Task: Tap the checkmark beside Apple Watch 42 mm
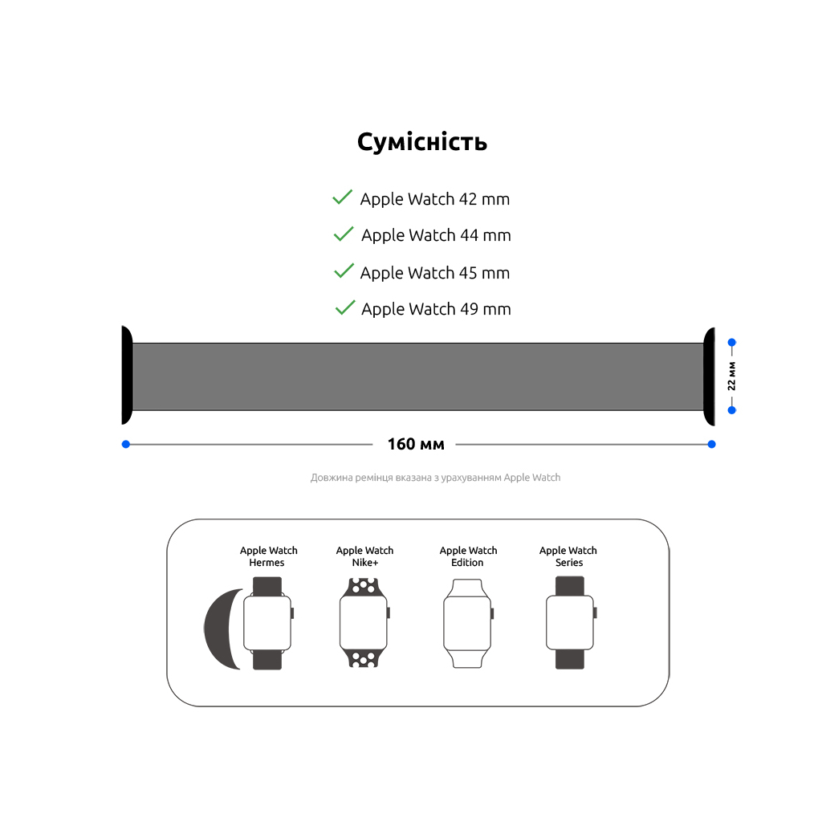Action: pyautogui.click(x=343, y=197)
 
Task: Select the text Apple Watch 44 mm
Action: pyautogui.click(x=436, y=235)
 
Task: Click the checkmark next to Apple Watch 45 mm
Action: pyautogui.click(x=344, y=271)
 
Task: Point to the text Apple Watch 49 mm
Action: pyautogui.click(x=436, y=309)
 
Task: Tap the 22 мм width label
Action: pyautogui.click(x=731, y=376)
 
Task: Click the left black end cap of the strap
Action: pyautogui.click(x=127, y=376)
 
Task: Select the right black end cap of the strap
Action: pyautogui.click(x=709, y=376)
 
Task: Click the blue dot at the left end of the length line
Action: pyautogui.click(x=126, y=444)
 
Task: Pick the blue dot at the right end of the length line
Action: pyautogui.click(x=711, y=444)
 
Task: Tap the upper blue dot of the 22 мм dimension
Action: pyautogui.click(x=731, y=343)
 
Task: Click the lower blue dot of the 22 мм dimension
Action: pyautogui.click(x=731, y=409)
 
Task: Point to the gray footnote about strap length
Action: pyautogui.click(x=435, y=478)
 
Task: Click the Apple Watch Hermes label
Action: pyautogui.click(x=268, y=556)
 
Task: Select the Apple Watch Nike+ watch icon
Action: pyautogui.click(x=364, y=622)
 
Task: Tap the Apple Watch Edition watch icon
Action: pyautogui.click(x=467, y=622)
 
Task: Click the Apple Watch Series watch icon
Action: pyautogui.click(x=570, y=622)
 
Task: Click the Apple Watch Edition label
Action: pyautogui.click(x=468, y=556)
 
